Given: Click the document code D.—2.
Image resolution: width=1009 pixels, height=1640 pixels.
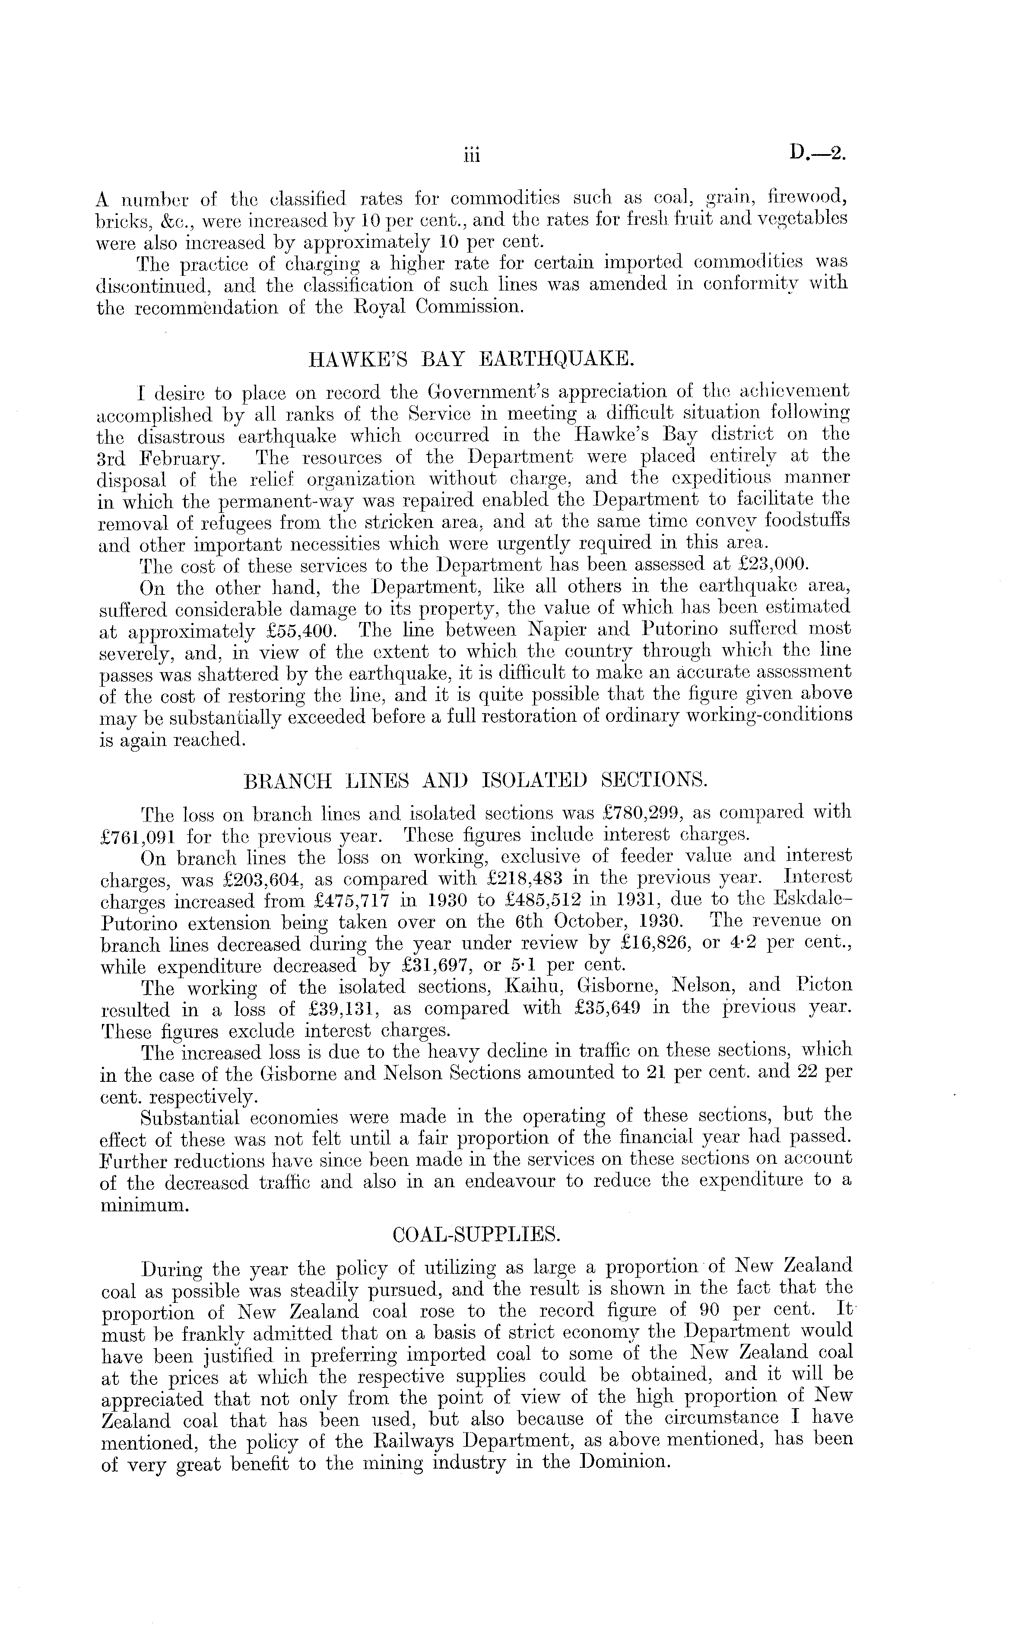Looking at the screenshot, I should (818, 154).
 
